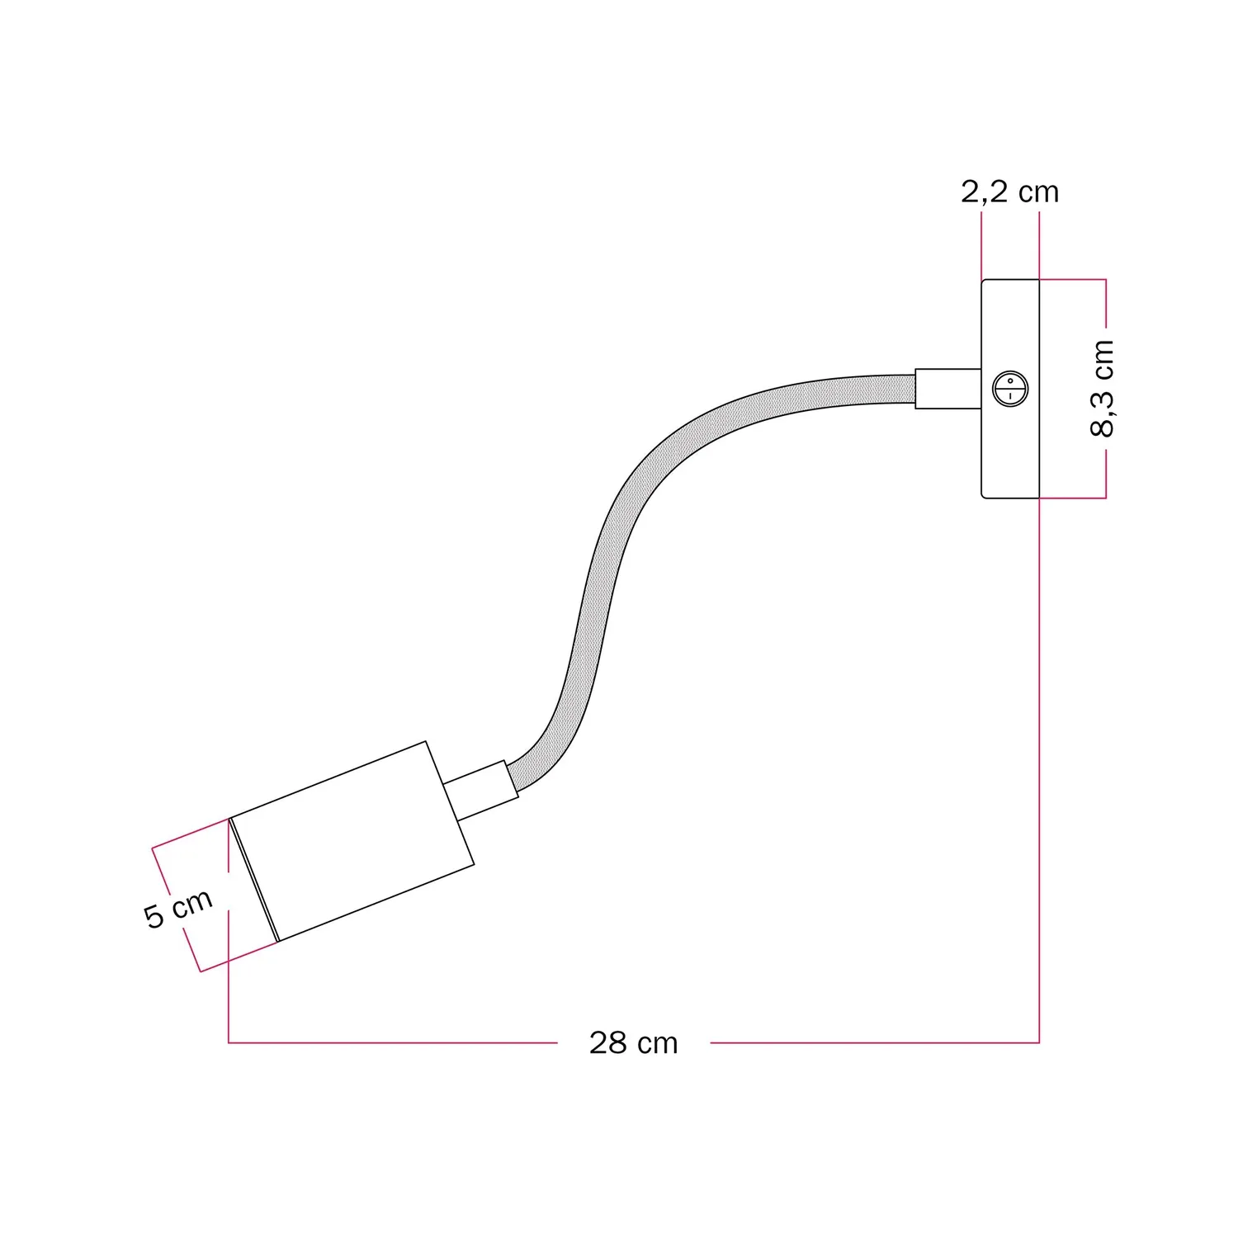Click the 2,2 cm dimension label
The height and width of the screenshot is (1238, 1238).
[1009, 192]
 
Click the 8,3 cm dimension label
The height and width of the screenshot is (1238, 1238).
[1103, 388]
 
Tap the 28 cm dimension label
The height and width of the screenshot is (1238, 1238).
[633, 1043]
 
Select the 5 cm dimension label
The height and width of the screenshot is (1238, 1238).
[178, 909]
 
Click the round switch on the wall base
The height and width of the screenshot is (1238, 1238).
[1010, 389]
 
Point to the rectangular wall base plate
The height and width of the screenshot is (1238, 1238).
[1010, 389]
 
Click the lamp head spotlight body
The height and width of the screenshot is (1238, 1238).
[352, 842]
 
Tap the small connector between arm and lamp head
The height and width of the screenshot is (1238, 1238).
[481, 790]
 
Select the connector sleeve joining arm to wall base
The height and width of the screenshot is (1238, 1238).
[948, 389]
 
